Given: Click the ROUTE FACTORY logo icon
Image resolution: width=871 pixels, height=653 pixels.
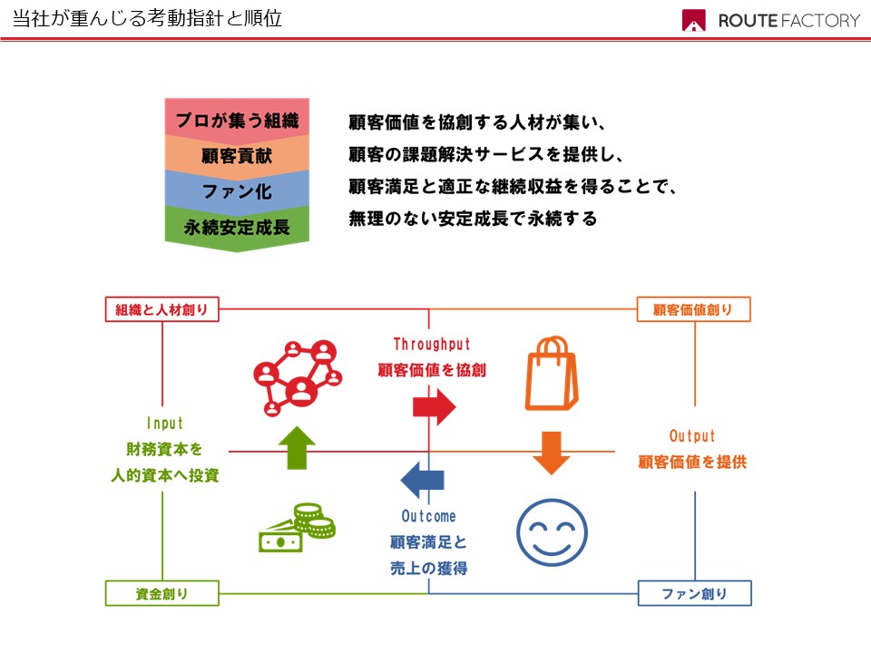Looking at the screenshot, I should (694, 21).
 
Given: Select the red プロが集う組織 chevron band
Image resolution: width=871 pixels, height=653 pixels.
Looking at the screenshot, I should (237, 118).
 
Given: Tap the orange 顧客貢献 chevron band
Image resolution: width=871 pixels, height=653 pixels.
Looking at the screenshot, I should (237, 155).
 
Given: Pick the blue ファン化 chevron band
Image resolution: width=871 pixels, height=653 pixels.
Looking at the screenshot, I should (237, 190).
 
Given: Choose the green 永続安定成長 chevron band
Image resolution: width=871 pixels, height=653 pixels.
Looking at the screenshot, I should (237, 226).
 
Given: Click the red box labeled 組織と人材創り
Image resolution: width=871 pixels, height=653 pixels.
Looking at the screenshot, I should (162, 310).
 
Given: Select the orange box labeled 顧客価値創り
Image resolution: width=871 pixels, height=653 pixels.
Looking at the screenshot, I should (694, 310).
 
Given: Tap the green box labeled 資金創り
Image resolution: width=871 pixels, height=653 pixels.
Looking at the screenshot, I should (162, 594).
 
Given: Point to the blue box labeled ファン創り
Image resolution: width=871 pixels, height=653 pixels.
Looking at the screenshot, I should (694, 594).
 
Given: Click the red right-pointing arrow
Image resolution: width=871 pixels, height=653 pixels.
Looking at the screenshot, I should (434, 406).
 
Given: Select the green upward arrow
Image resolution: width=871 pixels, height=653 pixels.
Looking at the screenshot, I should (297, 447).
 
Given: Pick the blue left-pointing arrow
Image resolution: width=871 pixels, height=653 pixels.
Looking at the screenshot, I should (423, 480).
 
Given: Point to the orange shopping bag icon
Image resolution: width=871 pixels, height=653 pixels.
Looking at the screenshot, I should (551, 374).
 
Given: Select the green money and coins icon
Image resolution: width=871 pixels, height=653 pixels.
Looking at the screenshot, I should (298, 529).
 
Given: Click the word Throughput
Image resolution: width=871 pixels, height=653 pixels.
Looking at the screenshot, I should (432, 345).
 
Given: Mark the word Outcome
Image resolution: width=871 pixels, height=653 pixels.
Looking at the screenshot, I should (428, 516).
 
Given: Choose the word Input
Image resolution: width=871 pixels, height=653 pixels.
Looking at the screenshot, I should (164, 424).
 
